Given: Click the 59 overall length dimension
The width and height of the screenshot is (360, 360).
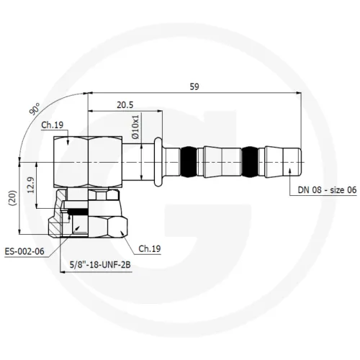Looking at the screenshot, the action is [x=194, y=86].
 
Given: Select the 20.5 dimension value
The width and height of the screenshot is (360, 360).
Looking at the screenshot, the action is [x=125, y=105].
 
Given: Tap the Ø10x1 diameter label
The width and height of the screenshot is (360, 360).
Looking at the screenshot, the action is [x=135, y=127].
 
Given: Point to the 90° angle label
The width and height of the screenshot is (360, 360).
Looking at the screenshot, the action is [x=35, y=109].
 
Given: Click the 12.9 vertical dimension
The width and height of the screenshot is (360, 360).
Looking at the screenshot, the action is [x=31, y=185].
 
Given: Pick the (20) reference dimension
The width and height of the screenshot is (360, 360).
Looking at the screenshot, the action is [x=13, y=198].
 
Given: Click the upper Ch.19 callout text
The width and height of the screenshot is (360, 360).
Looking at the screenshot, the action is [x=53, y=125].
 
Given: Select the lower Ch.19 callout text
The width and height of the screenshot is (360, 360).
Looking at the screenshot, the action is [x=150, y=248].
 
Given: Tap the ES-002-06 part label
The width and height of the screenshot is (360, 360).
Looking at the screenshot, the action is [x=24, y=251].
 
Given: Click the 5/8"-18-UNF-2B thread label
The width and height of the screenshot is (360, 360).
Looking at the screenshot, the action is [x=100, y=265].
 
